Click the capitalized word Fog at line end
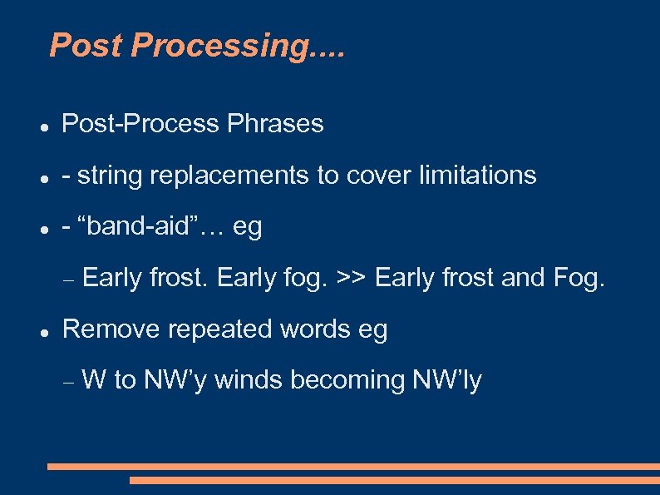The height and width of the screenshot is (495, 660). (x=579, y=278)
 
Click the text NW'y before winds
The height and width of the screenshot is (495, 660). (x=176, y=380)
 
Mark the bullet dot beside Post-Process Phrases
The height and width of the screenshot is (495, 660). (x=42, y=126)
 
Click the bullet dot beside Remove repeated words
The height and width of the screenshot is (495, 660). (x=42, y=331)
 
